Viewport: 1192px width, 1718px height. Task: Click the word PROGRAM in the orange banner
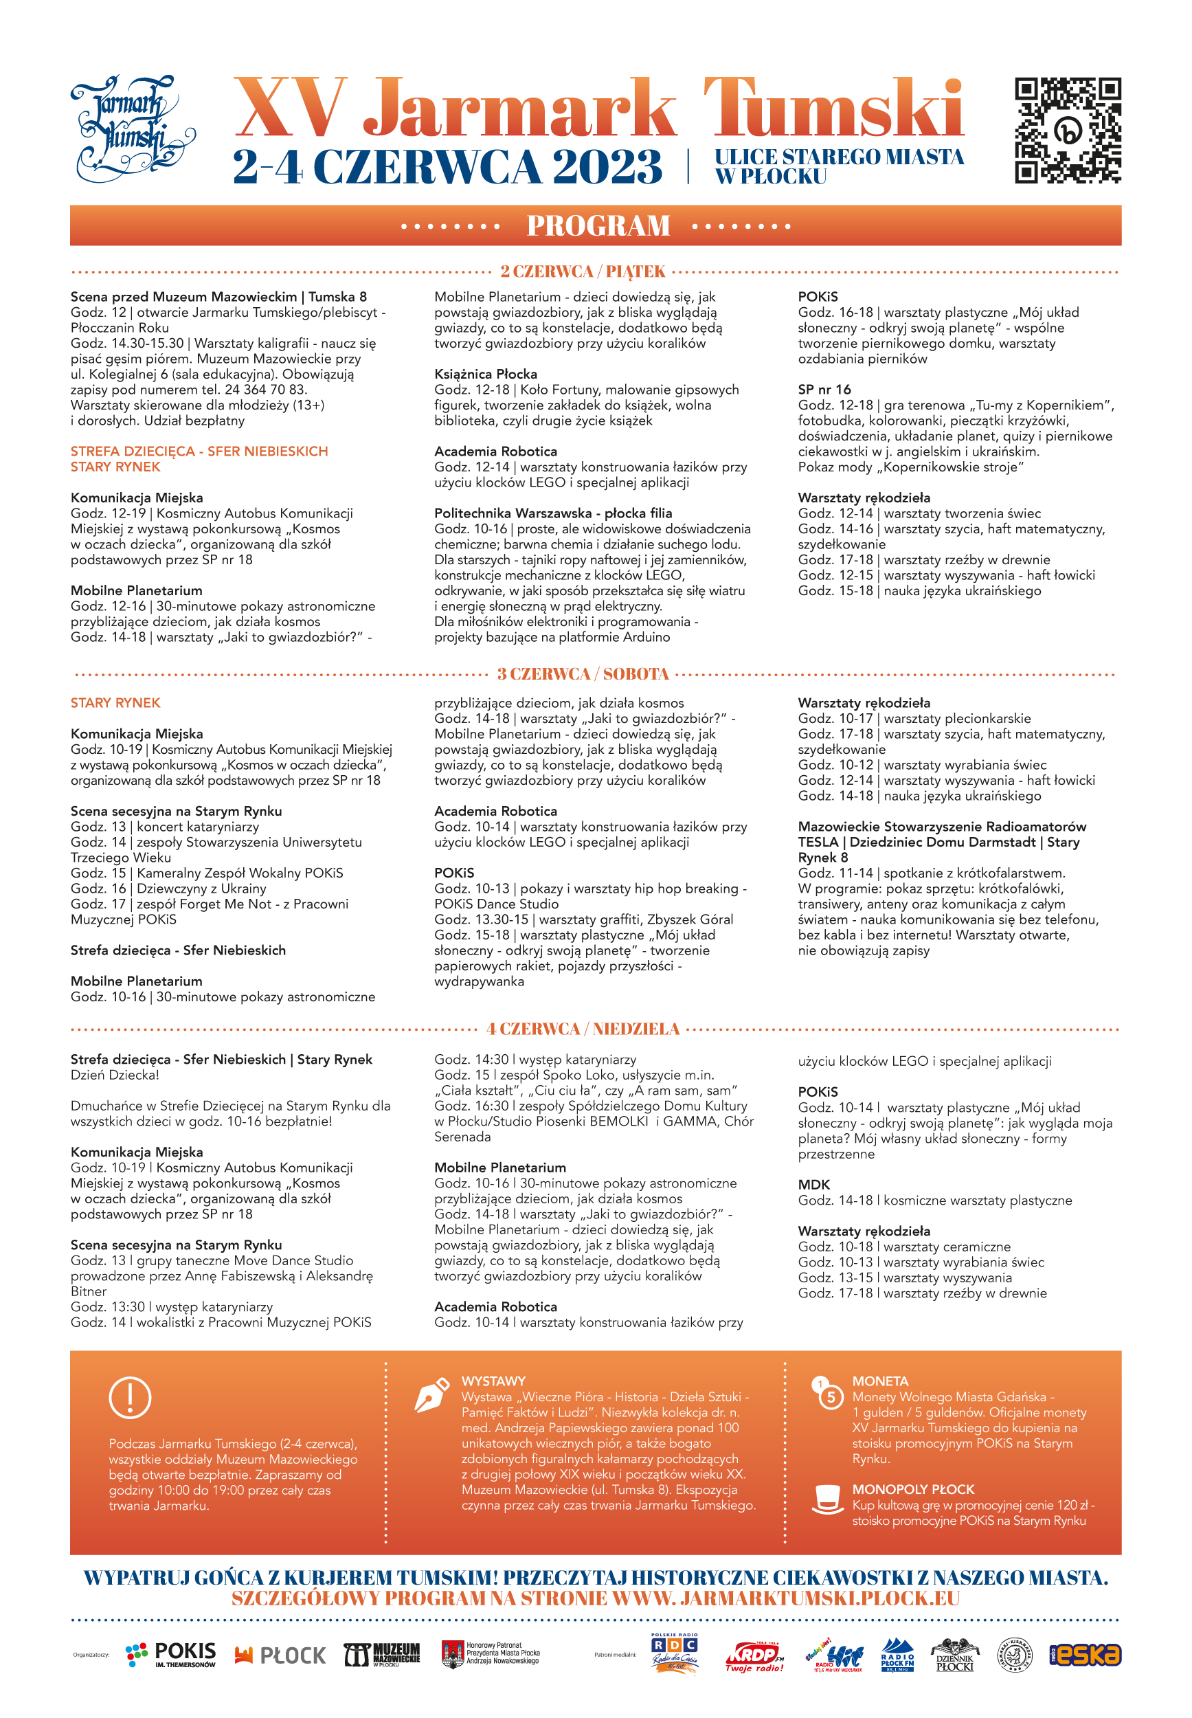pos(598,225)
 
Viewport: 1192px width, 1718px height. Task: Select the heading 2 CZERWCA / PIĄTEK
pos(583,271)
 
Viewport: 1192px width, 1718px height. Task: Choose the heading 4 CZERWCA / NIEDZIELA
pos(583,1029)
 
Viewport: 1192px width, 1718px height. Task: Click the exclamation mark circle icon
pos(130,1397)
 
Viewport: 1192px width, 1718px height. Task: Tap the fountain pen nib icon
pos(431,1394)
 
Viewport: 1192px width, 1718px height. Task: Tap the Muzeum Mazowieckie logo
pos(382,1655)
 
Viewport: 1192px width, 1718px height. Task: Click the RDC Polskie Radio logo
pos(674,1654)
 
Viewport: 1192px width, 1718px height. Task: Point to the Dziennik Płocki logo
pos(954,1655)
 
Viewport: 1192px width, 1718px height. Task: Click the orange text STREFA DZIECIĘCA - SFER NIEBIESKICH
pos(199,451)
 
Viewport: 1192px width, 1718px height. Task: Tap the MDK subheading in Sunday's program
pos(813,1185)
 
